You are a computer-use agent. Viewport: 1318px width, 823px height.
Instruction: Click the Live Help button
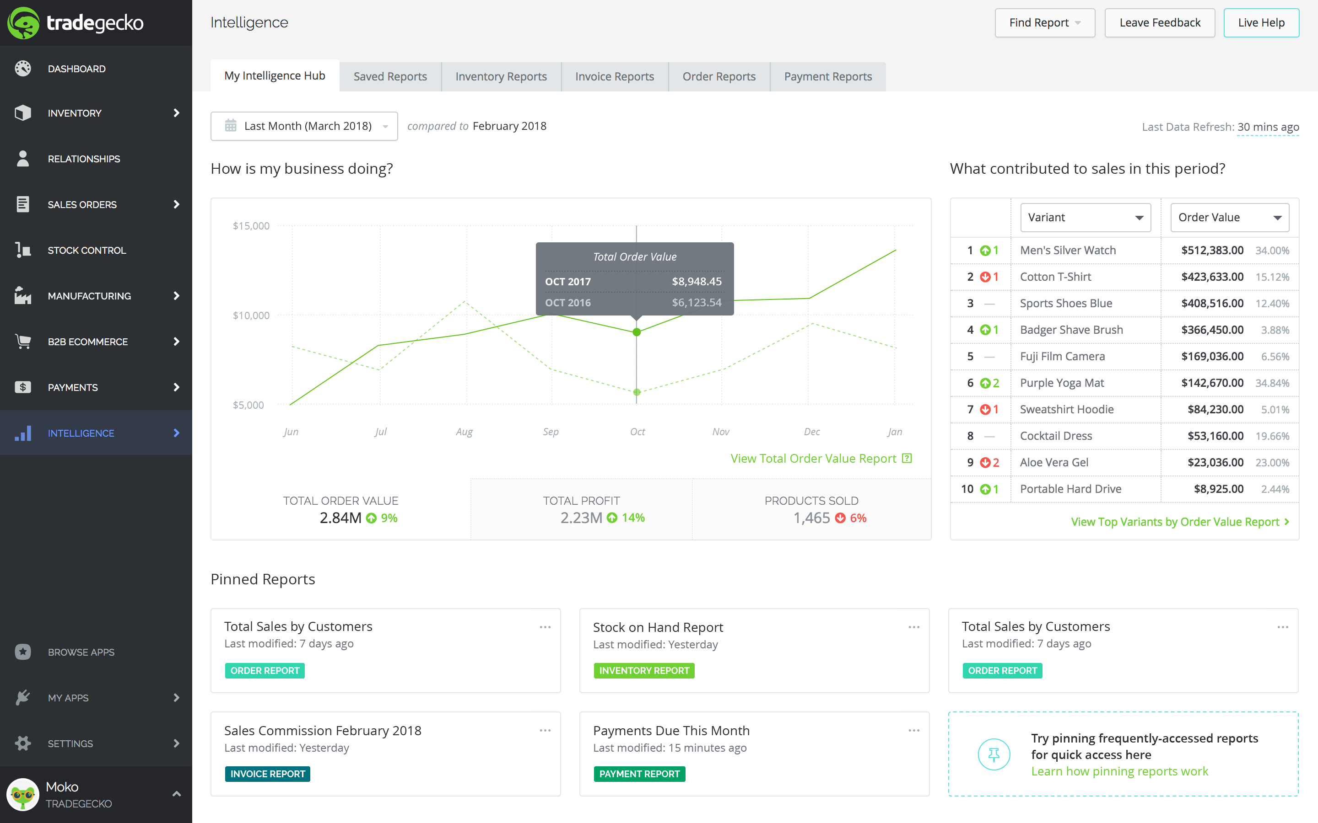tap(1260, 23)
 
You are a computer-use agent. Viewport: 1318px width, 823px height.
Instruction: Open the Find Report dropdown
tap(1044, 23)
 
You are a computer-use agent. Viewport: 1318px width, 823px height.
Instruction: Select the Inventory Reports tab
tap(501, 77)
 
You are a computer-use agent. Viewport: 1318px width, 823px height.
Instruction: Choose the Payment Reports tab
tap(827, 77)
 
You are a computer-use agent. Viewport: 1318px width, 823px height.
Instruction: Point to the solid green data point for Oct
tap(636, 332)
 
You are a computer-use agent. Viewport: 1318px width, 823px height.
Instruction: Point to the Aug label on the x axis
tap(464, 432)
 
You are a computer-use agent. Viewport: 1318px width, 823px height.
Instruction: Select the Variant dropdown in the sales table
tap(1085, 218)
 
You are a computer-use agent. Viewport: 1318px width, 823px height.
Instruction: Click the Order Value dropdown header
tap(1229, 218)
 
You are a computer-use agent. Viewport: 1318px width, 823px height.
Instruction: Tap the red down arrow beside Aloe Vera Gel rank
tap(985, 463)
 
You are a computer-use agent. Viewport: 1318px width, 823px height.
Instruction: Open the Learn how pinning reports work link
tap(1119, 771)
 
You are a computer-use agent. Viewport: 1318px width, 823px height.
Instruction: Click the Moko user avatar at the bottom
tap(23, 795)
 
